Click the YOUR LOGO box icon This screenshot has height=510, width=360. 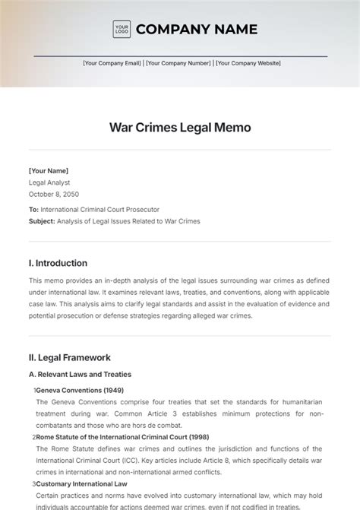click(x=121, y=30)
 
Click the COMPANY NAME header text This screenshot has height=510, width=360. click(x=196, y=30)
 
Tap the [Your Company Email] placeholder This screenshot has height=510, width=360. click(x=112, y=64)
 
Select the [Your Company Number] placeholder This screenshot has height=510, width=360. click(x=178, y=64)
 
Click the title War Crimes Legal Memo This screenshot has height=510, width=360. click(x=180, y=128)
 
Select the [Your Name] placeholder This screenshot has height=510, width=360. click(x=49, y=172)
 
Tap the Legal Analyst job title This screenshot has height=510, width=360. click(x=50, y=182)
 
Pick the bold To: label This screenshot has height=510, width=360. click(x=33, y=209)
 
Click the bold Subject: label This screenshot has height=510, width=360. click(x=42, y=221)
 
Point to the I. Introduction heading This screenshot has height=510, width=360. click(x=58, y=264)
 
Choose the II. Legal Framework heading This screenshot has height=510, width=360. click(x=70, y=357)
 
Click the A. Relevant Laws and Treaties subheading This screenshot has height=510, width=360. click(x=80, y=374)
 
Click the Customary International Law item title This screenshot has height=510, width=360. click(x=82, y=483)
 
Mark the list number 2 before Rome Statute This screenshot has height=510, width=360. click(x=34, y=437)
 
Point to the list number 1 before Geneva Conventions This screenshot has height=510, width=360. click(x=34, y=390)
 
